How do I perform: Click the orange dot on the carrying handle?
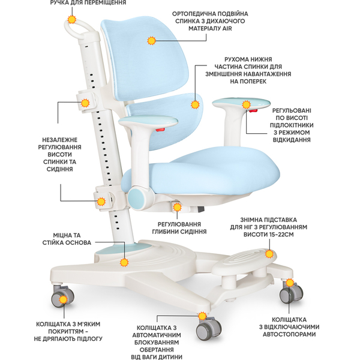(73, 19)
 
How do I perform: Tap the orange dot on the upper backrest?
(151, 40)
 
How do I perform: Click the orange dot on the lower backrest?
(194, 104)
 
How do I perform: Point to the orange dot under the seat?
(176, 207)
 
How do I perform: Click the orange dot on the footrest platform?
(125, 262)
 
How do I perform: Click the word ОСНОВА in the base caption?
(76, 243)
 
